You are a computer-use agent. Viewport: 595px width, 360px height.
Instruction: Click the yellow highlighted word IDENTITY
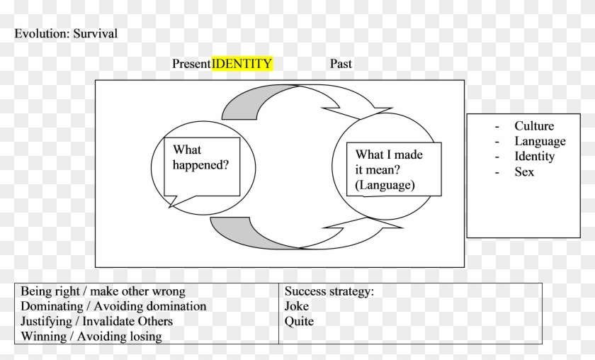coord(242,64)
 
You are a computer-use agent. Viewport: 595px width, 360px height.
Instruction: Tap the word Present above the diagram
coord(191,64)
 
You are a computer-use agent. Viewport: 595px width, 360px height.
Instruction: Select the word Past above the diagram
coord(341,64)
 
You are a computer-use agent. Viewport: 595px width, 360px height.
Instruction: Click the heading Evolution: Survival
coord(66,33)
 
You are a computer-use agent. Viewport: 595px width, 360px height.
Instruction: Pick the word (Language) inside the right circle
coord(385,185)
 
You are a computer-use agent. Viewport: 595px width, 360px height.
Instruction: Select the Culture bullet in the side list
coord(534,126)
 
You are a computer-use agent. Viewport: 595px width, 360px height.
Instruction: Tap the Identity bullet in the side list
coord(535,156)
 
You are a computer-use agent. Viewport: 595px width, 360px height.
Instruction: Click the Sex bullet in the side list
coord(524,171)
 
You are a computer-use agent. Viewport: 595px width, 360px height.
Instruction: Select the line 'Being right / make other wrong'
coord(103,291)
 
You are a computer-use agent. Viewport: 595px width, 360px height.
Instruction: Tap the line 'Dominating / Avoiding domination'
coord(113,306)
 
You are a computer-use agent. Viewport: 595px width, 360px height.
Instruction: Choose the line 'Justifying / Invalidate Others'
coord(96,321)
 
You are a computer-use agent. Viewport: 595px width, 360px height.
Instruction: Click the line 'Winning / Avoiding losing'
coord(91,337)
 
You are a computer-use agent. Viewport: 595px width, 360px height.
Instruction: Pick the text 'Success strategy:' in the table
coord(329,291)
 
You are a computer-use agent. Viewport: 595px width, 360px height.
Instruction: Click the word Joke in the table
coord(296,306)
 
